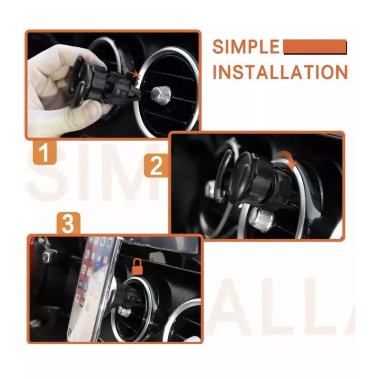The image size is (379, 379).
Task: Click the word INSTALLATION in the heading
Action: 280,72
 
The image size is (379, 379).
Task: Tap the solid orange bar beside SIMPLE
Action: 315,46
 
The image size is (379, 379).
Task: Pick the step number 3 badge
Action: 68,224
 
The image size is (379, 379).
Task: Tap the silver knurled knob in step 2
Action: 260,218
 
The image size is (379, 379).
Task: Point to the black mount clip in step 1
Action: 107,85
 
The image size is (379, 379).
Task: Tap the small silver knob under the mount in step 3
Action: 124,311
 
